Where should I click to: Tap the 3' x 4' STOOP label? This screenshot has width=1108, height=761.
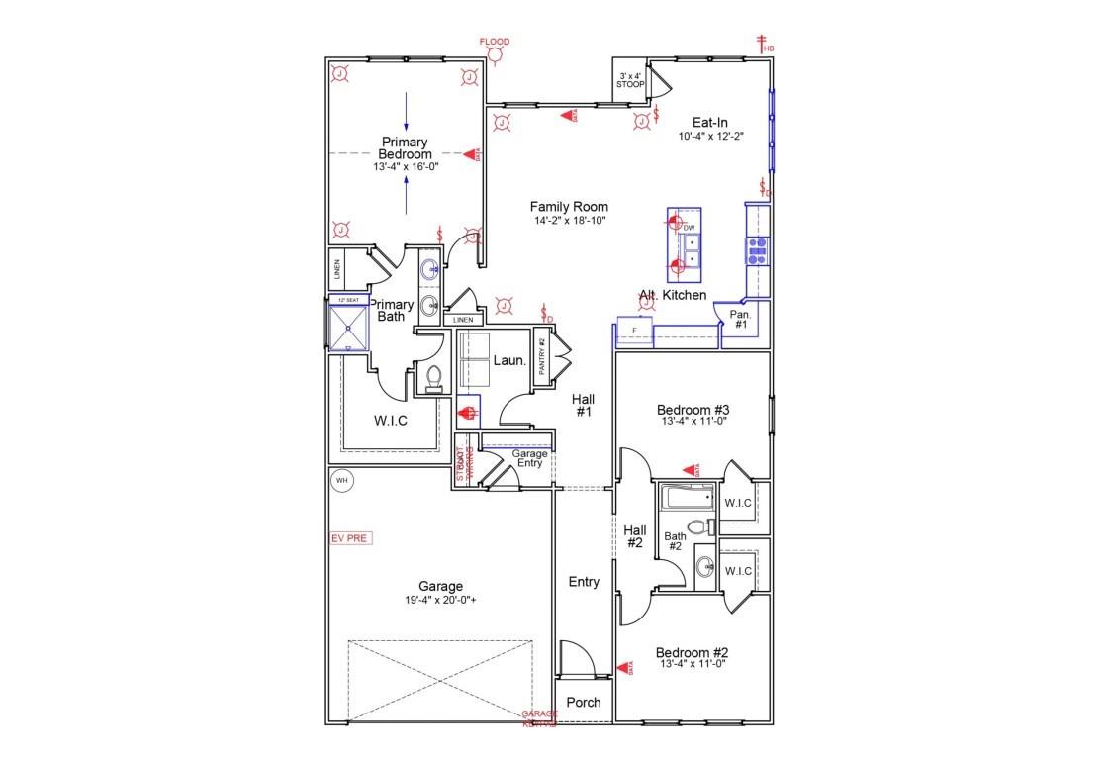click(630, 80)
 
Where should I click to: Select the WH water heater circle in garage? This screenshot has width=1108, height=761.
click(342, 481)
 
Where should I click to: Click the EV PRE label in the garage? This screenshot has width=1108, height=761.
click(347, 538)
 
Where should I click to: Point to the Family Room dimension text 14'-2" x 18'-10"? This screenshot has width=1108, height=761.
click(569, 220)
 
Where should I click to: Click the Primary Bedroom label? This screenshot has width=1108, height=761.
click(406, 148)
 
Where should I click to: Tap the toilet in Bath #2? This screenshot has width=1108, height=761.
click(700, 526)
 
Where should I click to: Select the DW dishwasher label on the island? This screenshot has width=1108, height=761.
click(690, 228)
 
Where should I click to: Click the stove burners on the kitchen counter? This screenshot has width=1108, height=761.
click(758, 248)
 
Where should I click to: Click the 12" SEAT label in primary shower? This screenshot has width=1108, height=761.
click(347, 300)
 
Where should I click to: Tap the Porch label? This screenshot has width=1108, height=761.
click(584, 703)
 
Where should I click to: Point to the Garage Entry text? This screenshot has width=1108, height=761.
click(529, 458)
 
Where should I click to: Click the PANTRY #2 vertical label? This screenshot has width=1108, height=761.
click(542, 354)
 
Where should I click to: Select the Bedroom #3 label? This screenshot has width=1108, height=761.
click(692, 409)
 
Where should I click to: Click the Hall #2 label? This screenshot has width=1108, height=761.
click(634, 536)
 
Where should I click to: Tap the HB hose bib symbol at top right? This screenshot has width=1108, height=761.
click(763, 44)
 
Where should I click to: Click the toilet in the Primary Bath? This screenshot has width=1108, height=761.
click(431, 378)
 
